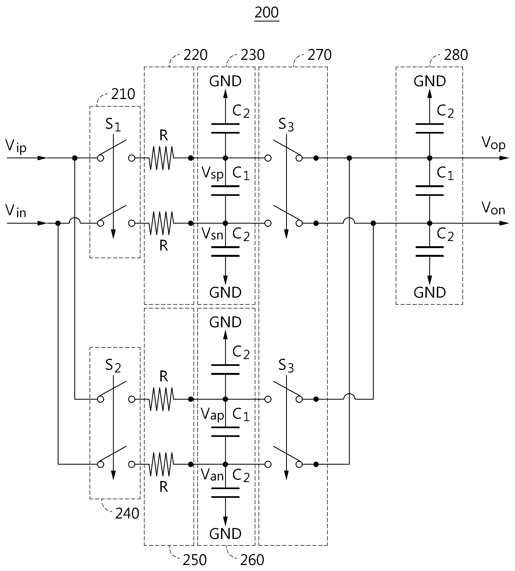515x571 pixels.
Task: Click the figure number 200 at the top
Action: pyautogui.click(x=266, y=13)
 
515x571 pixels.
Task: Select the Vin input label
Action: pyautogui.click(x=16, y=211)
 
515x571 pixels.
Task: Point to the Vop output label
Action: pyautogui.click(x=493, y=143)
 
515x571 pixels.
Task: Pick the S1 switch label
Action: pyautogui.click(x=113, y=124)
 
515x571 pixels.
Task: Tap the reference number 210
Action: pyautogui.click(x=123, y=94)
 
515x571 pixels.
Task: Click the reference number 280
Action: pyautogui.click(x=456, y=55)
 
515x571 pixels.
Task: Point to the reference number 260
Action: pyautogui.click(x=252, y=560)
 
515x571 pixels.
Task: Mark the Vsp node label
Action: pyautogui.click(x=212, y=173)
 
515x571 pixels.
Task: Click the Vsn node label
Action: pyautogui.click(x=212, y=234)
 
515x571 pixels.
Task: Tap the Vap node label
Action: pyautogui.click(x=212, y=414)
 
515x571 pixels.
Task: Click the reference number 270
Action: pyautogui.click(x=320, y=55)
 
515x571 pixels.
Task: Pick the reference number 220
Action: pyautogui.click(x=195, y=55)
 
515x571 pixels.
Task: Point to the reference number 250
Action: pyautogui.click(x=195, y=560)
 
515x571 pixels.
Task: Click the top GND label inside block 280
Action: pyautogui.click(x=430, y=81)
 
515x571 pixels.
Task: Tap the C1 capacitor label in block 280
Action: pyautogui.click(x=445, y=173)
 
